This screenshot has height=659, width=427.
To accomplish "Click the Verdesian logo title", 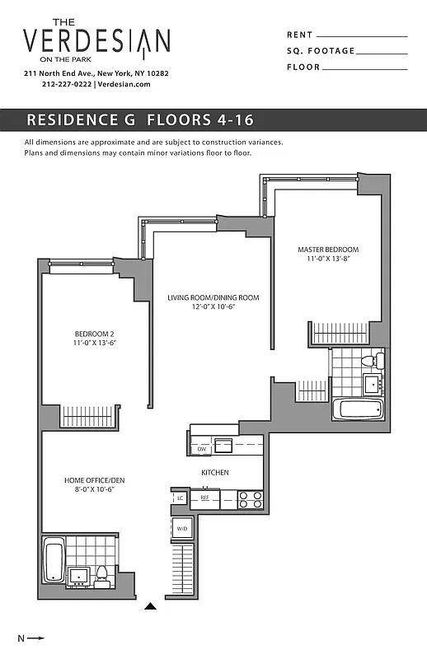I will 96,40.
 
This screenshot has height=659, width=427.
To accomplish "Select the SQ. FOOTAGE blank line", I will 382,52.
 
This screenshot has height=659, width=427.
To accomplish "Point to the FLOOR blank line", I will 367,68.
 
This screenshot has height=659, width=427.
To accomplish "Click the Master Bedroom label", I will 328,250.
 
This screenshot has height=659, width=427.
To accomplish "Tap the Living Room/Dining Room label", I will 213,297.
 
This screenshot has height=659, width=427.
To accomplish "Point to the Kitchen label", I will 215,472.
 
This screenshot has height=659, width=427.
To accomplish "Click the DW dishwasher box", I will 201,449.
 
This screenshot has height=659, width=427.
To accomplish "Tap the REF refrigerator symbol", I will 205,498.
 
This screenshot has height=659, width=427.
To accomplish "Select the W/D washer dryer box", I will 181,528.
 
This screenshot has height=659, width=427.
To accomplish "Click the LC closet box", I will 179,498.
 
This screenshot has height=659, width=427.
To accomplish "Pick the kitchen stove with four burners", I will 250,498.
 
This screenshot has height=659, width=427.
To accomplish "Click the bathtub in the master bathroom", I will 358,409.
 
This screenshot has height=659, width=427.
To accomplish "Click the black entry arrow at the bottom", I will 150,607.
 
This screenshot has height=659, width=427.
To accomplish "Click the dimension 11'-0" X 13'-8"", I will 328,259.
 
